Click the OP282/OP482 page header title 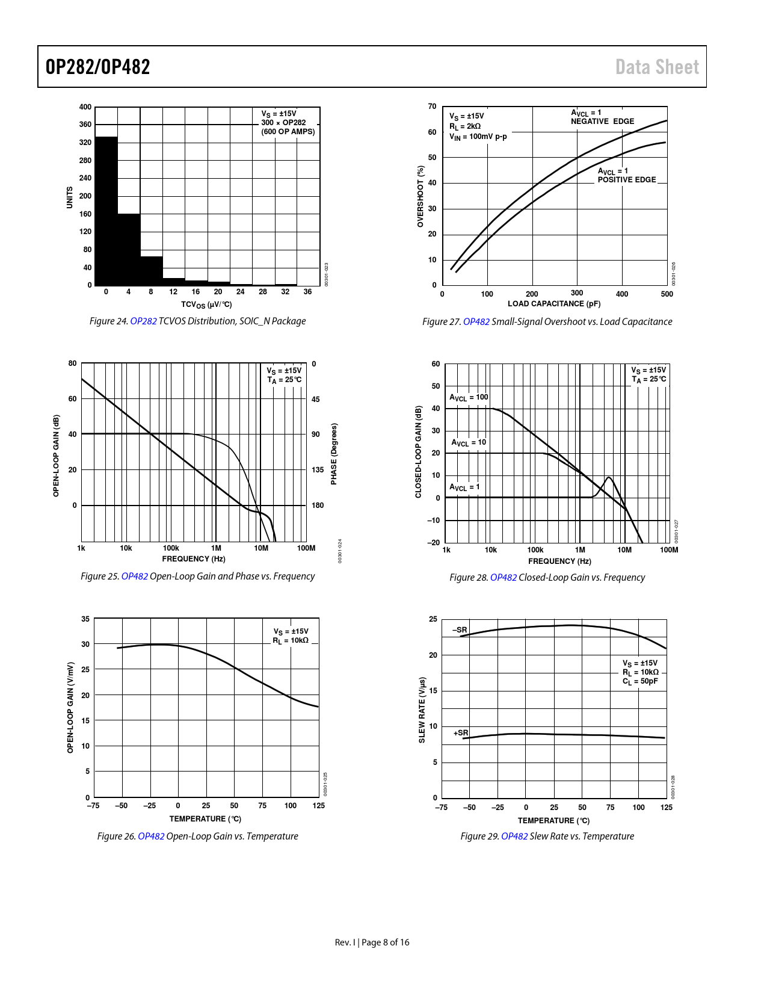click(97, 67)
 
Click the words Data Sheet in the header click(657, 67)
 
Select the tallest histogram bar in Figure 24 click(106, 211)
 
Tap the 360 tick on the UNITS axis click(85, 125)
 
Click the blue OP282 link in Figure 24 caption click(143, 321)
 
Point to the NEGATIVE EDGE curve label click(602, 122)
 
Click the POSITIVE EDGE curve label click(626, 180)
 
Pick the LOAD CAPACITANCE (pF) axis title click(554, 304)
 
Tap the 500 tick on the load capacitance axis click(667, 294)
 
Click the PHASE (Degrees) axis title click(334, 453)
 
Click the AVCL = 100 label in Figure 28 click(469, 397)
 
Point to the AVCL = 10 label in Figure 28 click(469, 442)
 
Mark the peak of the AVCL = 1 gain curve click(609, 478)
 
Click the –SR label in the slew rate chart click(460, 630)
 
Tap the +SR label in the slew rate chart click(460, 733)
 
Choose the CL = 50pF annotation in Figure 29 click(640, 682)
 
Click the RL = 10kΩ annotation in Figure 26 click(291, 641)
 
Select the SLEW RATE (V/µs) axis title click(422, 710)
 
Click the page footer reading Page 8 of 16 click(385, 942)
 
